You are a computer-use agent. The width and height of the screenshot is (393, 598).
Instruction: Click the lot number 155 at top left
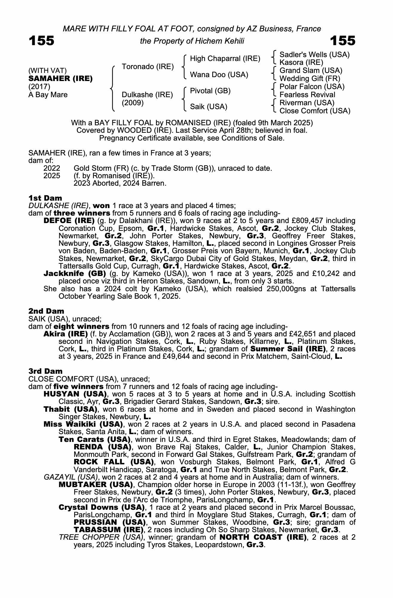point(42,41)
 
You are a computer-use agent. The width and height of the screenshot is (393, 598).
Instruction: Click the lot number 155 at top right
point(343,41)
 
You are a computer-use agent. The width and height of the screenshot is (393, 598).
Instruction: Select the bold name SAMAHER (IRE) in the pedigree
point(60,79)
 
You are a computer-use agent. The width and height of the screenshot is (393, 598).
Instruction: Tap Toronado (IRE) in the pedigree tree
point(148,66)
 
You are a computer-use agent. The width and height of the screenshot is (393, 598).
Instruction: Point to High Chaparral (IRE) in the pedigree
point(225,59)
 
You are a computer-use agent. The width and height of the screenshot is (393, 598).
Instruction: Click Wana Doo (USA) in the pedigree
point(219,74)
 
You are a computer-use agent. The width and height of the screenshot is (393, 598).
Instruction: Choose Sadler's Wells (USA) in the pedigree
point(314,55)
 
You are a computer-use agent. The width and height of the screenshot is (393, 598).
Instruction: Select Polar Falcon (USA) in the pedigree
point(312,87)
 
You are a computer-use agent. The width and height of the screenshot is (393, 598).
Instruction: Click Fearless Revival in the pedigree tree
point(307,95)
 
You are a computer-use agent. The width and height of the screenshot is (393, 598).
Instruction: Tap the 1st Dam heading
point(45,198)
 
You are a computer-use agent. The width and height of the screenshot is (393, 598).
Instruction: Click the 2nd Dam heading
point(46,311)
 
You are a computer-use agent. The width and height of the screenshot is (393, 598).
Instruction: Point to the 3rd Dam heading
point(45,371)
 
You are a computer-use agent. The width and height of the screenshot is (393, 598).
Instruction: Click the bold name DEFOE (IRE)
point(69,221)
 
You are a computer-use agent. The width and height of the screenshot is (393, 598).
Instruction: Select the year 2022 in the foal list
point(52,168)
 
